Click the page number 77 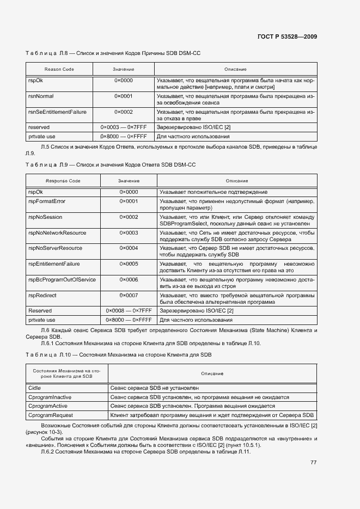coord(313,463)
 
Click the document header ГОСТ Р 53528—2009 coord(287,37)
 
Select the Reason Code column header coord(59,70)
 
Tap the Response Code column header coord(63,181)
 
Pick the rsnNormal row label coord(41,96)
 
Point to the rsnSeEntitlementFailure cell coord(57,112)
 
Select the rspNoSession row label coord(45,217)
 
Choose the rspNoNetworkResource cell coord(57,233)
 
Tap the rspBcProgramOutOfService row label coord(62,279)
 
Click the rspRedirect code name coord(42,295)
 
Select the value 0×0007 coord(129,295)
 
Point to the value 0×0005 coord(129,264)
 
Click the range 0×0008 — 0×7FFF coord(129,311)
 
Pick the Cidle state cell coord(34,388)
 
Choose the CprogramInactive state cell coord(50,397)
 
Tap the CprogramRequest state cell coord(50,415)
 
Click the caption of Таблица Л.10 coord(118,355)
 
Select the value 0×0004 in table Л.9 coord(129,248)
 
